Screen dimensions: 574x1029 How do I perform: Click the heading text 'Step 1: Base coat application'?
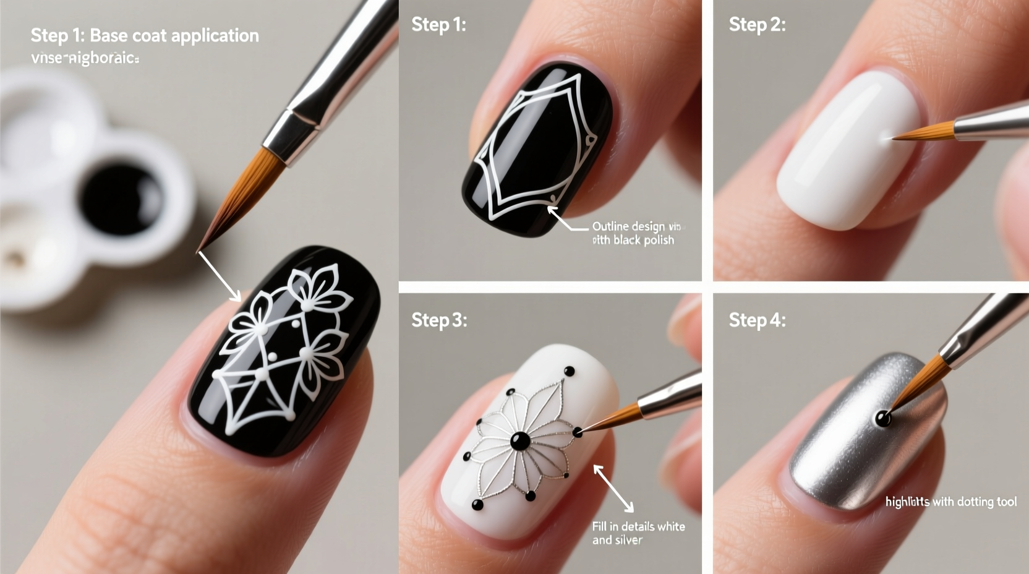coord(145,35)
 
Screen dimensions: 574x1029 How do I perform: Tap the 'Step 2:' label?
coord(757,25)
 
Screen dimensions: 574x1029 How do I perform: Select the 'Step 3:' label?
coord(439,320)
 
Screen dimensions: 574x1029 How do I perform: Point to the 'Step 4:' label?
coord(757,320)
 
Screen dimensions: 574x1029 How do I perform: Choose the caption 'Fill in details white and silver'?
coord(638,533)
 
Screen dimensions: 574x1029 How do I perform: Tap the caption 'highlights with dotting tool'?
coord(950,502)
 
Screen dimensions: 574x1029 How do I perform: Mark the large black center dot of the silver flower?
coord(519,441)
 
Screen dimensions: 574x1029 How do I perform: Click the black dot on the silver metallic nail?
coord(883,419)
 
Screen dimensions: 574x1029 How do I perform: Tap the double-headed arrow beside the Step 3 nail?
coord(613,489)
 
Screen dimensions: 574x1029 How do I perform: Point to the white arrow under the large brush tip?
coord(220,276)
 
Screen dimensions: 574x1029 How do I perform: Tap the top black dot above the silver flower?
coord(569,371)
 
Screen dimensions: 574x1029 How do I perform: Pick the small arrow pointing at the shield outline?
coord(566,220)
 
